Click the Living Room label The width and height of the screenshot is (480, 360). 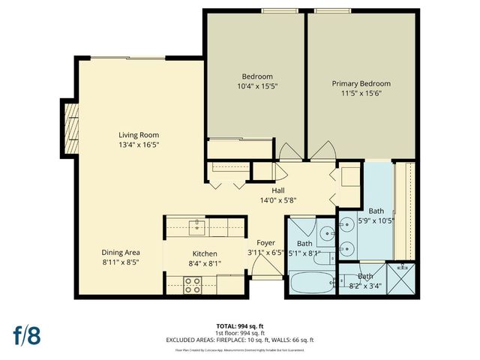coord(139,135)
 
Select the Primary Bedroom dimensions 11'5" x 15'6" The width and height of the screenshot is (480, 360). coord(363,94)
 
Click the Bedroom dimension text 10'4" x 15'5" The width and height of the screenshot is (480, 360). coord(256,86)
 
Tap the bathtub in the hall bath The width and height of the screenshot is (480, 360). coord(310,283)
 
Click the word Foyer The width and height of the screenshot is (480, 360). coord(265,243)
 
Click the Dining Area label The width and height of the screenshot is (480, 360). coord(121,253)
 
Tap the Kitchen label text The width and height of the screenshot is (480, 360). coord(204,253)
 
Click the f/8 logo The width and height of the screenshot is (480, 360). coord(25,334)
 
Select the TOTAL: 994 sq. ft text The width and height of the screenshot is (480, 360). coord(240,325)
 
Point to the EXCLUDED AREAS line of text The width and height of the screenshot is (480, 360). coord(240,340)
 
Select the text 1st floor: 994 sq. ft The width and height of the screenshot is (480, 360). coord(240,332)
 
